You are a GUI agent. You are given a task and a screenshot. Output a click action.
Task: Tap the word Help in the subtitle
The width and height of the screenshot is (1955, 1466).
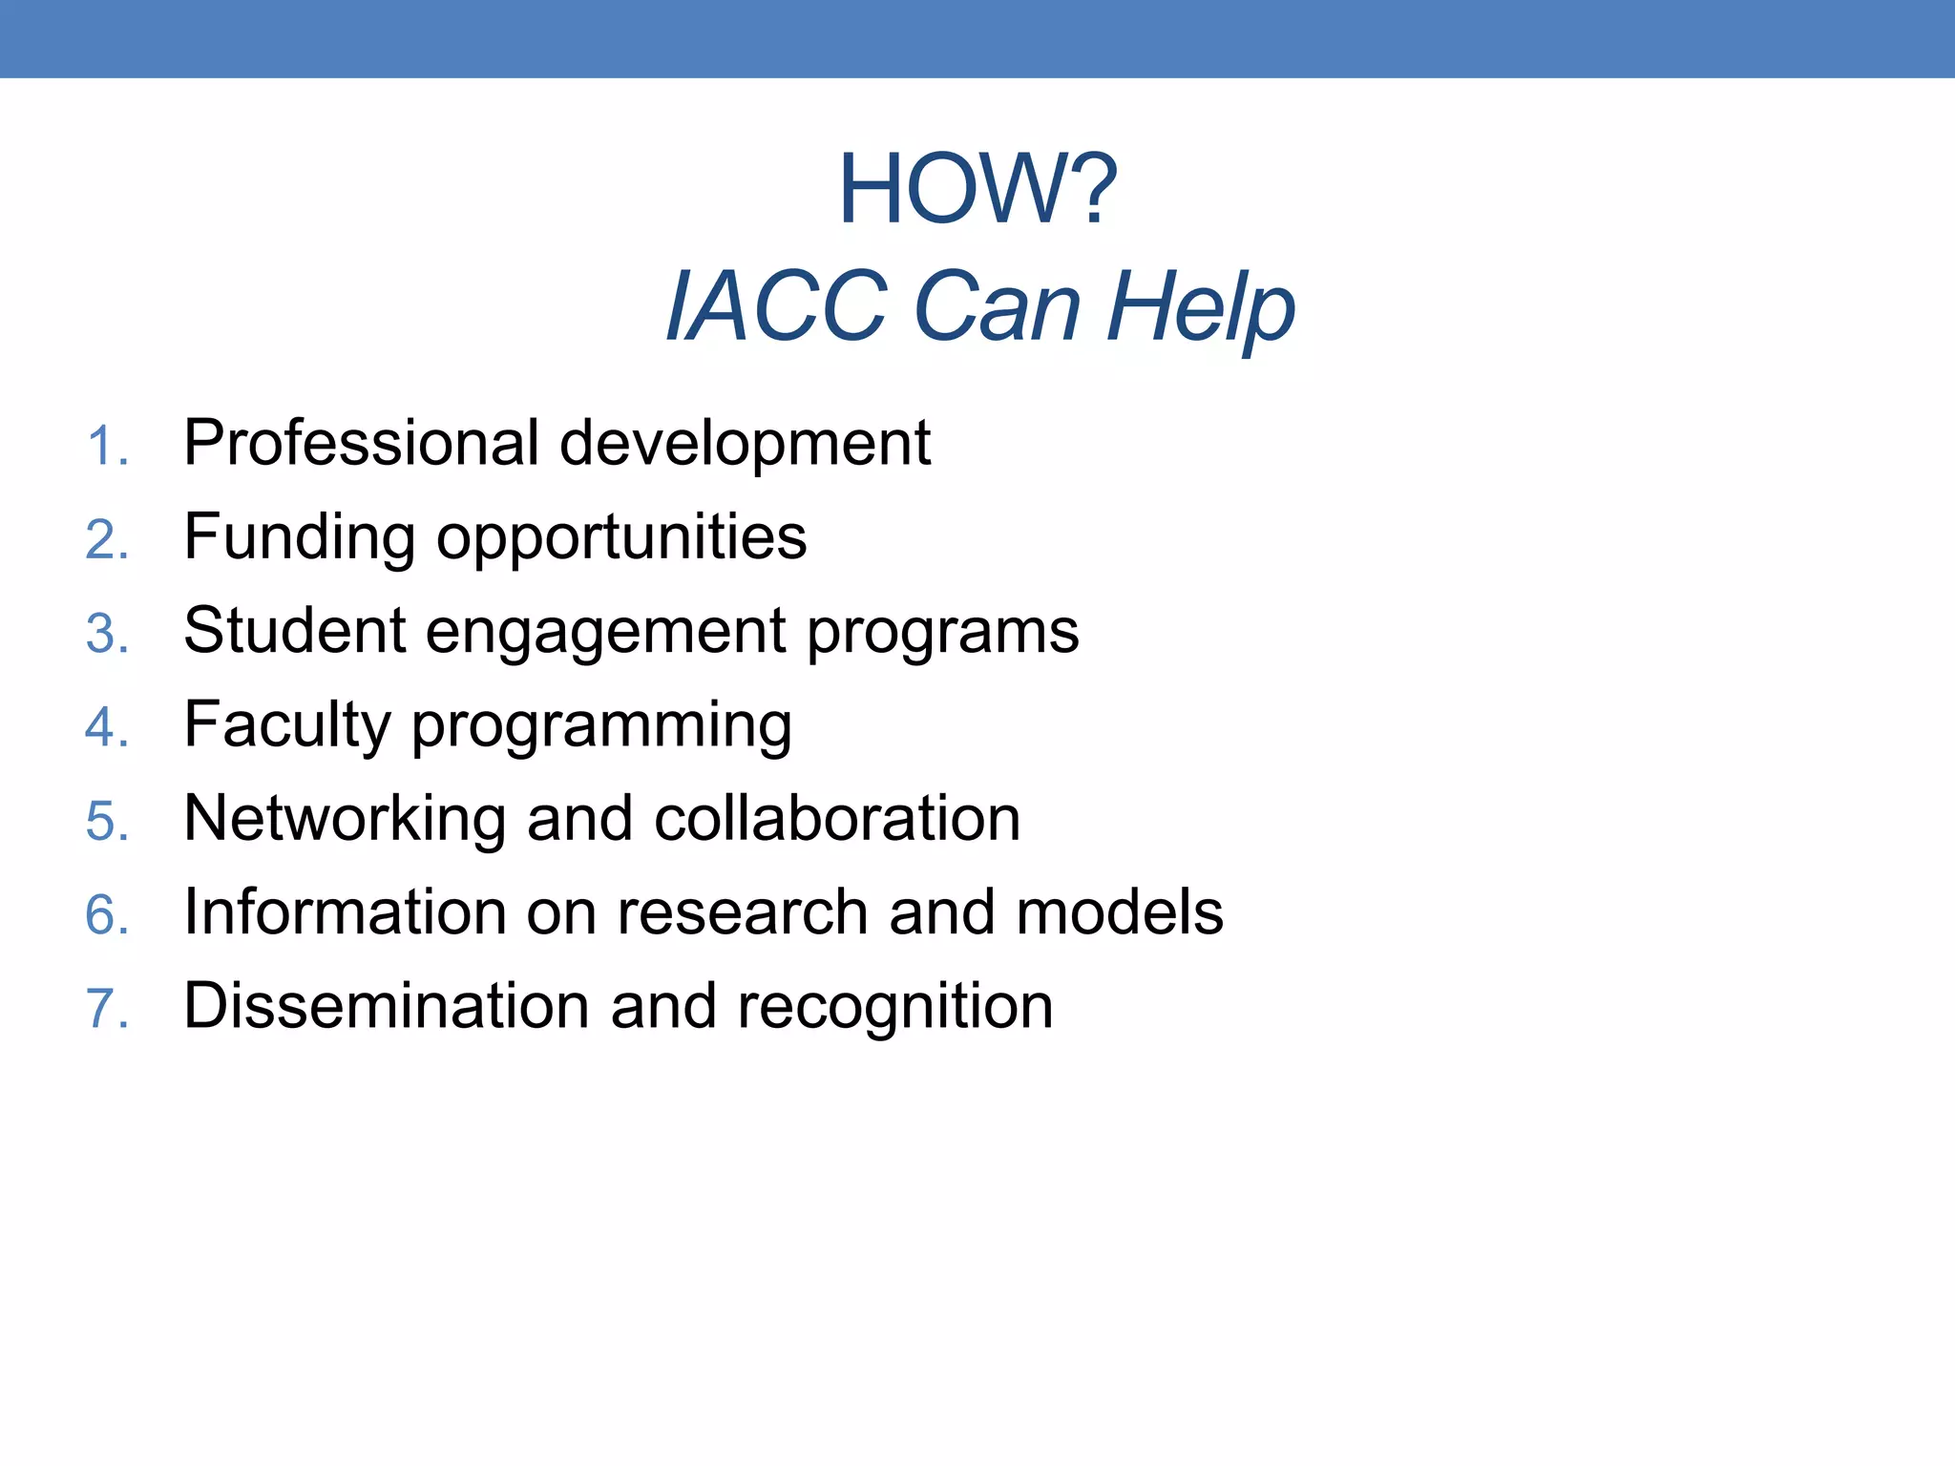tap(1200, 307)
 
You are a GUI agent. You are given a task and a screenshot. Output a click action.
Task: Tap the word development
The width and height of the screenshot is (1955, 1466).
tap(745, 445)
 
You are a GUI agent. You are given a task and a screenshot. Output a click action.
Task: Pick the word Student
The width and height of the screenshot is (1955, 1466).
tap(295, 630)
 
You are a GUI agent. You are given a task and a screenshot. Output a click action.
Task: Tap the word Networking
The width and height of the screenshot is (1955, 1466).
tap(345, 819)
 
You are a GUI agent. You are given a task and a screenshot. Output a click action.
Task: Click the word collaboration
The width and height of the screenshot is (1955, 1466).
tap(837, 819)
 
